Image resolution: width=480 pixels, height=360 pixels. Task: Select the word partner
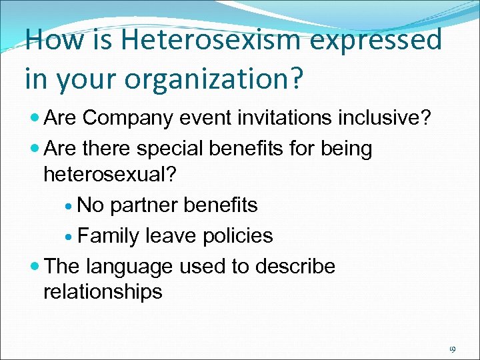[x=142, y=205]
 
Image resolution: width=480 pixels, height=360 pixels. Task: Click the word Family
[x=109, y=235]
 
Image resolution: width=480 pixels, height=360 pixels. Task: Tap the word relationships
[x=103, y=291]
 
